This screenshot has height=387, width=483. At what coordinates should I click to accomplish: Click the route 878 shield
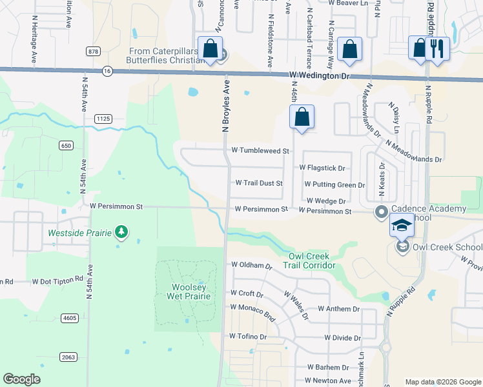click(94, 50)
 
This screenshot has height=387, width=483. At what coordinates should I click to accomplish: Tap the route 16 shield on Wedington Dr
click(107, 71)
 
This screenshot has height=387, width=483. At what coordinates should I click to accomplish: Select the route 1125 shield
click(103, 118)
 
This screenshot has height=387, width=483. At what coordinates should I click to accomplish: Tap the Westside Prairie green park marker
click(121, 232)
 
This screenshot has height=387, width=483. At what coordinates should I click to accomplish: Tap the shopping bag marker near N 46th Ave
click(302, 117)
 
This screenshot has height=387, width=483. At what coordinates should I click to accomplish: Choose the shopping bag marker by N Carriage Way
click(349, 50)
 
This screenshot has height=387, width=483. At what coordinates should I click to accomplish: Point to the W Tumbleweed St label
click(260, 150)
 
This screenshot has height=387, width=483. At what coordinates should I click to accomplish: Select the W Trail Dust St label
click(259, 183)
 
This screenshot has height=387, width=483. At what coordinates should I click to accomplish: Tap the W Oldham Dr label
click(252, 265)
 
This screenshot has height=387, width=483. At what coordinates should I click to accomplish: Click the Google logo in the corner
click(22, 379)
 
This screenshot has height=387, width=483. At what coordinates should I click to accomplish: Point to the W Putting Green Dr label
click(334, 185)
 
